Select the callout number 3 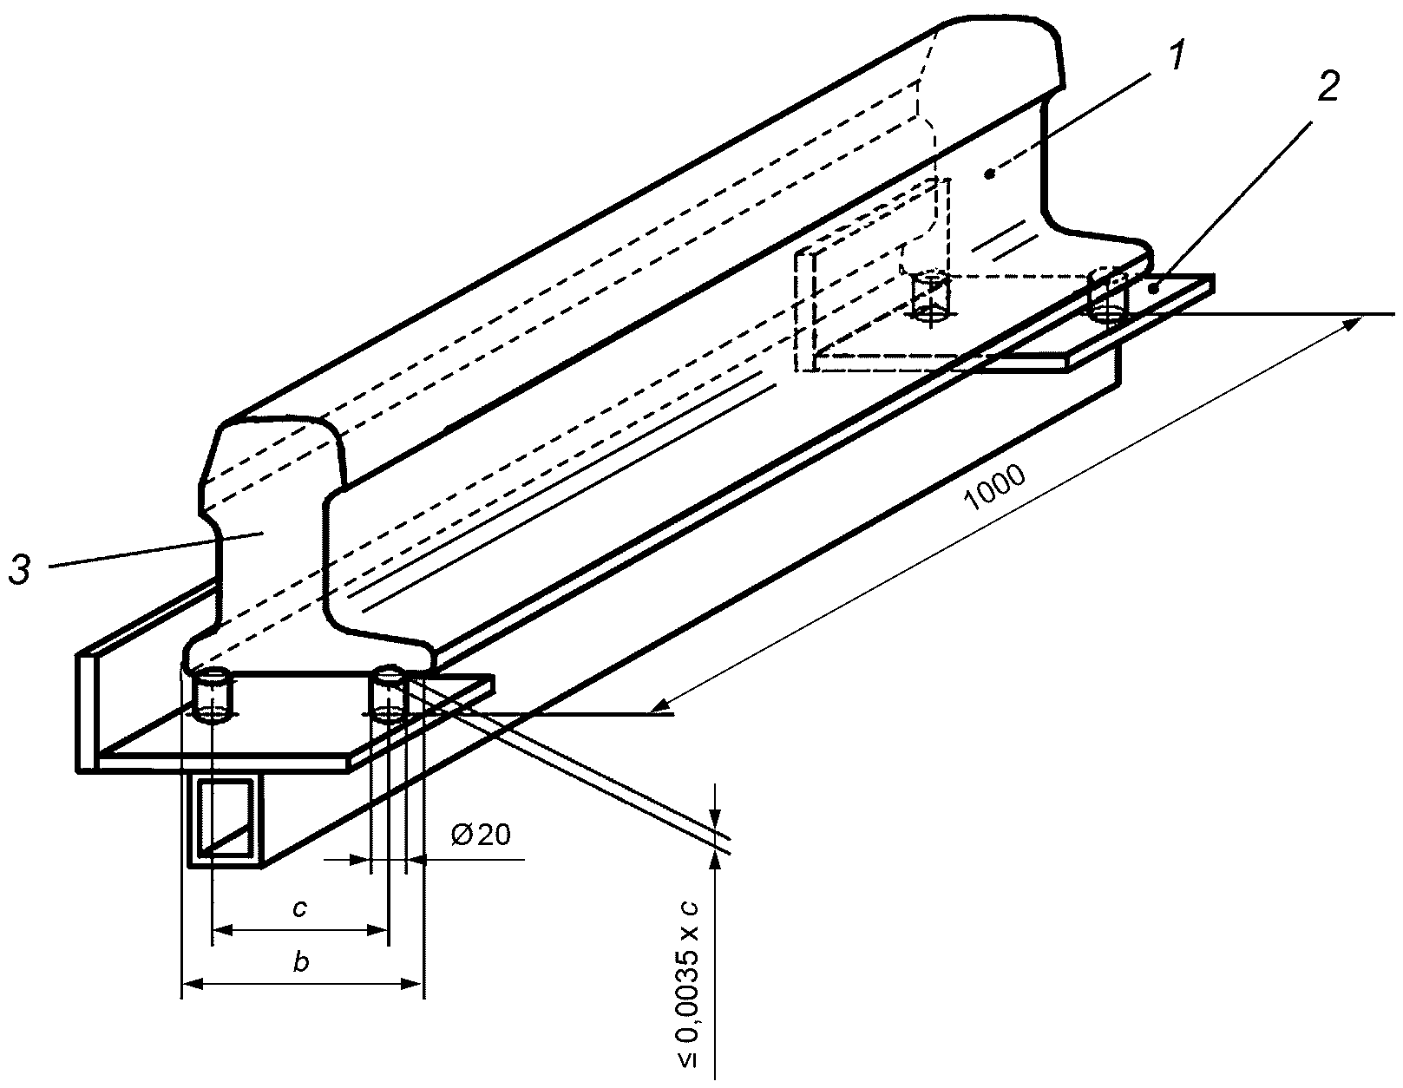tap(20, 570)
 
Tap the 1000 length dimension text tap(994, 488)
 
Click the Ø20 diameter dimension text tap(481, 835)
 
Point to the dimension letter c tap(299, 908)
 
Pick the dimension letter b tap(301, 962)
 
